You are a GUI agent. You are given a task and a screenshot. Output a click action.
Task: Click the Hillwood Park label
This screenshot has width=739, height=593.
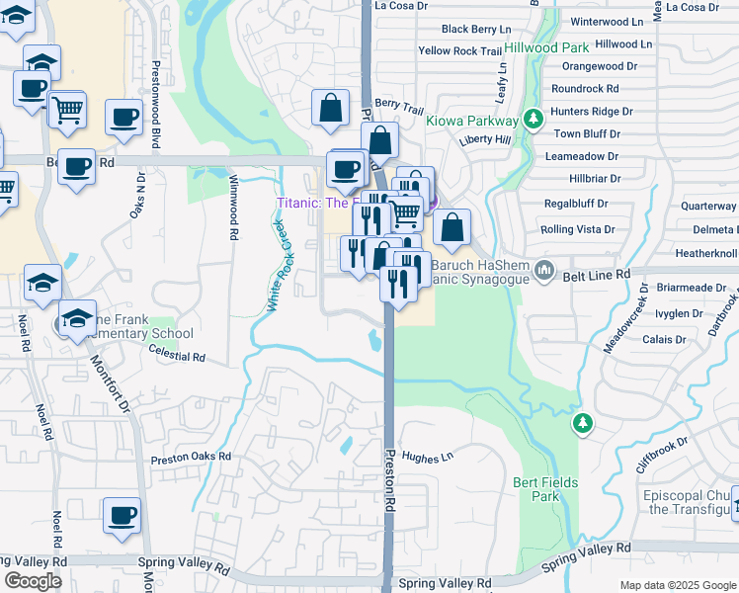click(x=546, y=47)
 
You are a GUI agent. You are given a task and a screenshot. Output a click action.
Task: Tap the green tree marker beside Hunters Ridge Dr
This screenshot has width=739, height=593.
click(x=534, y=119)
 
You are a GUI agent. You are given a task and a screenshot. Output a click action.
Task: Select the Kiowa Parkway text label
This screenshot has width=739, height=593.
click(x=472, y=121)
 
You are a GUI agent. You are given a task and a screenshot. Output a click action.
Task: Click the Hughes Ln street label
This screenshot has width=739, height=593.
click(x=427, y=458)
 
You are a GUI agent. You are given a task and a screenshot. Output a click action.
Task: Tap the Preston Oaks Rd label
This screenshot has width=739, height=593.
click(x=191, y=458)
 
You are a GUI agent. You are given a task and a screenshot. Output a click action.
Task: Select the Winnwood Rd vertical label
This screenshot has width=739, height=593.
click(x=234, y=209)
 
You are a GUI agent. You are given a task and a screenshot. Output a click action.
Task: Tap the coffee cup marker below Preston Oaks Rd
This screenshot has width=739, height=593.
click(x=122, y=515)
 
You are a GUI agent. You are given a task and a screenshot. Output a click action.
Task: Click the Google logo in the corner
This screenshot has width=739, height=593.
click(x=33, y=581)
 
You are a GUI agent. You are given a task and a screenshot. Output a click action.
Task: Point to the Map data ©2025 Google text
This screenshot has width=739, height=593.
click(x=677, y=585)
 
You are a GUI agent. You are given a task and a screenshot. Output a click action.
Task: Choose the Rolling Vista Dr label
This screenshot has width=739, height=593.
click(x=577, y=229)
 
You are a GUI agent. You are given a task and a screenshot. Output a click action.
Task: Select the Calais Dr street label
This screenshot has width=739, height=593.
click(x=664, y=339)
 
